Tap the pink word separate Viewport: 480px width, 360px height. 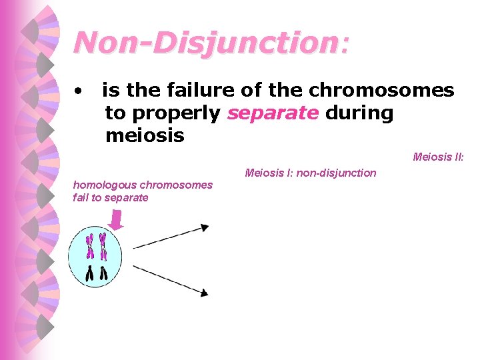coord(273,113)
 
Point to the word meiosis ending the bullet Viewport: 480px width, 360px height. coord(145,136)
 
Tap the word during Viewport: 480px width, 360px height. coord(359,113)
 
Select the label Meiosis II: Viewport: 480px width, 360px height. coord(438,157)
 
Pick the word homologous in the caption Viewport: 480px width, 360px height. coord(104,185)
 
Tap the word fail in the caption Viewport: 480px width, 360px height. coord(83,197)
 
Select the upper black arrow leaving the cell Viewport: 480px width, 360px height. coord(171,237)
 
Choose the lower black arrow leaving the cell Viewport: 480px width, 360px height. coord(171,279)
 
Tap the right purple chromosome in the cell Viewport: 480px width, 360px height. coord(103,245)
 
